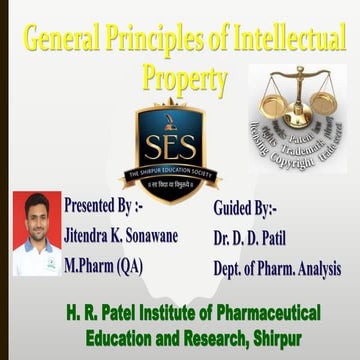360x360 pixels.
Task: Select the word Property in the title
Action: (x=185, y=77)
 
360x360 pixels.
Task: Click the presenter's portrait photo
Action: (x=35, y=235)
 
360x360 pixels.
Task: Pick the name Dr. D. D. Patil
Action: (x=255, y=239)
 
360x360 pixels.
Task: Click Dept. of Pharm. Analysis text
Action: (x=277, y=268)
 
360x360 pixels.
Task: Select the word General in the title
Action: (x=61, y=43)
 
